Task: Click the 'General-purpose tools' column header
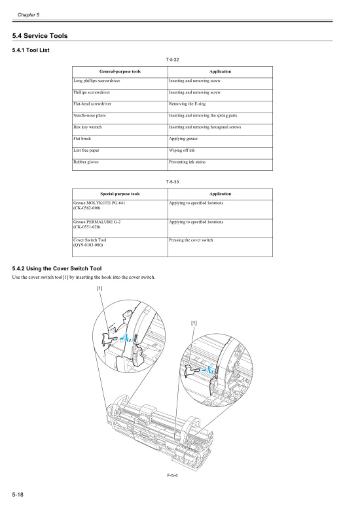[x=120, y=71]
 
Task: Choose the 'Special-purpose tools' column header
[x=120, y=194]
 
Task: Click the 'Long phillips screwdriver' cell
[x=97, y=80]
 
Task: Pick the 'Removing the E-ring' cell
[x=188, y=103]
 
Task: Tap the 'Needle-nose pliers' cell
[x=90, y=115]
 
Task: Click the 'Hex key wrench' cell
[x=87, y=127]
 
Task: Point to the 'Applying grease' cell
[x=183, y=139]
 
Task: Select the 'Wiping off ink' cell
[x=182, y=151]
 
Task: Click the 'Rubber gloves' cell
[x=86, y=162]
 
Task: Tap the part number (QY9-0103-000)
[x=88, y=245]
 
